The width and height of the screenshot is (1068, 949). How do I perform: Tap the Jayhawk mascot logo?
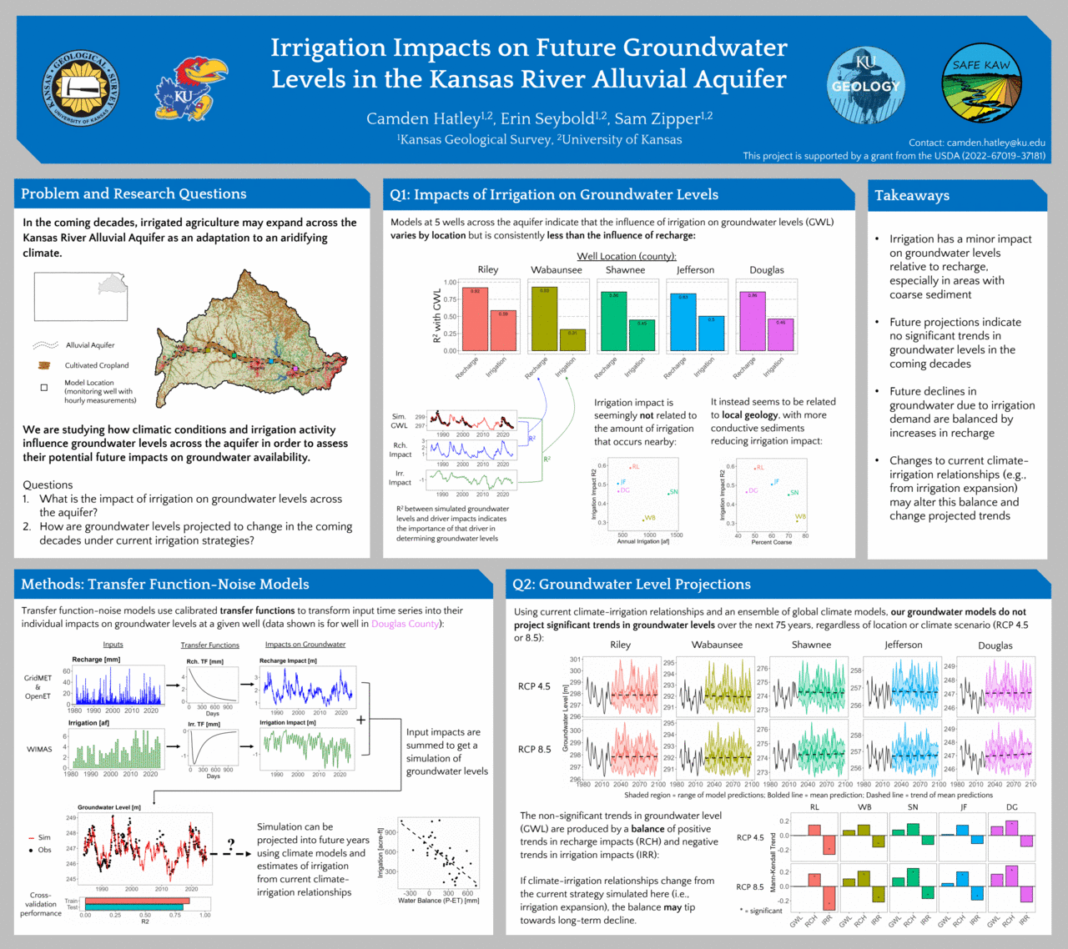tap(189, 89)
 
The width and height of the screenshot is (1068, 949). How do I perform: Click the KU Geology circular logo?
tap(866, 86)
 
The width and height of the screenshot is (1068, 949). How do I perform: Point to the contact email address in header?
tap(995, 143)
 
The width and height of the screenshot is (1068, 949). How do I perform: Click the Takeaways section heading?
tap(912, 195)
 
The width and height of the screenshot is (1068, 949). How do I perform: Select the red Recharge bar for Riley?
tap(475, 319)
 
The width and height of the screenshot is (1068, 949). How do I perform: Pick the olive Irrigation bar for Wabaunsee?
tap(572, 339)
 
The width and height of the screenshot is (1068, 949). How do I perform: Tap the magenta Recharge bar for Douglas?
tap(752, 321)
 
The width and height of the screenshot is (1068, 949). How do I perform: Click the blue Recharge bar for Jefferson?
tap(683, 322)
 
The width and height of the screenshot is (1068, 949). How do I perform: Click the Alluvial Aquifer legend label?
tap(90, 345)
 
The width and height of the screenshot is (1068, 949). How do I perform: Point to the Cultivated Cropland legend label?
tap(97, 365)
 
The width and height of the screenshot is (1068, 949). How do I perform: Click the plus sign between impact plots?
tap(360, 719)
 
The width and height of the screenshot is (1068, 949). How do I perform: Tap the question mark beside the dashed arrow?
tap(231, 844)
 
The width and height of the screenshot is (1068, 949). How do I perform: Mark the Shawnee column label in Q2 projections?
tap(811, 645)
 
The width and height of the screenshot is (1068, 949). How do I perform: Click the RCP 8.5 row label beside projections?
tap(534, 749)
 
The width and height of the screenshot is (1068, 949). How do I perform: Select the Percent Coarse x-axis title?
tap(771, 542)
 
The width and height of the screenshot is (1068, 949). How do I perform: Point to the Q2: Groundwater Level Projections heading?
tap(632, 585)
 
